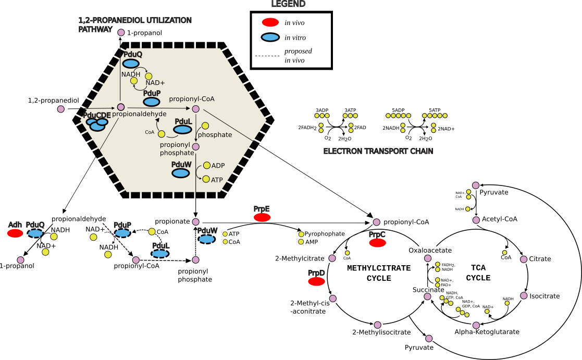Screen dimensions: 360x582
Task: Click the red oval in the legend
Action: (270, 22)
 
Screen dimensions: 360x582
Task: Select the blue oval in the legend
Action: (270, 38)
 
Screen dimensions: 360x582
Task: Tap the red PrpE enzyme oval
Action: (262, 217)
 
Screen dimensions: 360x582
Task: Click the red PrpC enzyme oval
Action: (378, 243)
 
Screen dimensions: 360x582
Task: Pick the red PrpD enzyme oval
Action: (316, 282)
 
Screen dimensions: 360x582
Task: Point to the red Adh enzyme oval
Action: (15, 233)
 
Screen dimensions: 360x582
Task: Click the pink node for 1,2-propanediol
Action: (61, 109)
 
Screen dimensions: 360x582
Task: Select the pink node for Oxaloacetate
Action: (428, 258)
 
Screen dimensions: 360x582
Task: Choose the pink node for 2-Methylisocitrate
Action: (377, 325)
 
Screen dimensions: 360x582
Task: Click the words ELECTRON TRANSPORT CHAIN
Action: (379, 152)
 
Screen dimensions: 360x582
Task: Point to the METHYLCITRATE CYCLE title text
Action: (379, 273)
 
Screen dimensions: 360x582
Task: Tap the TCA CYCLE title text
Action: (478, 273)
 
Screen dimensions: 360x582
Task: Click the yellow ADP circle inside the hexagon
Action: (206, 166)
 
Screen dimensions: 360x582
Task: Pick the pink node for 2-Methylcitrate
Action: (332, 258)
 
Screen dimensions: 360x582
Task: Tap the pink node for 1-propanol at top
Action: (121, 33)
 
